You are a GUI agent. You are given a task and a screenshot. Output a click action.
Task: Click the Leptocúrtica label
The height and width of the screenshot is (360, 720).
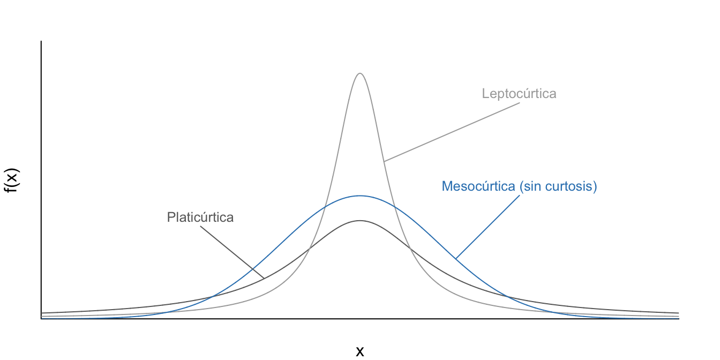tap(519, 94)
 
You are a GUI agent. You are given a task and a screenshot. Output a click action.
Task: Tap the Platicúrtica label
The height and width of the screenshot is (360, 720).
tap(200, 217)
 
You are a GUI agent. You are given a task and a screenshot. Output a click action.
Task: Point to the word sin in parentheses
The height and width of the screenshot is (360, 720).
tap(534, 187)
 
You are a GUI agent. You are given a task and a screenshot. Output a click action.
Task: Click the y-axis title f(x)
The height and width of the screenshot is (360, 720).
tap(13, 180)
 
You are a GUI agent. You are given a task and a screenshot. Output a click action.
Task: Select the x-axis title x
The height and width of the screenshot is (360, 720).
tap(360, 351)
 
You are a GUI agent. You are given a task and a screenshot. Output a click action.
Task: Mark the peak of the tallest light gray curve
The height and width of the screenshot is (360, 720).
tap(360, 73)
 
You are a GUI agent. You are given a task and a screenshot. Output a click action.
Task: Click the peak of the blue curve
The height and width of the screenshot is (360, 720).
tap(360, 196)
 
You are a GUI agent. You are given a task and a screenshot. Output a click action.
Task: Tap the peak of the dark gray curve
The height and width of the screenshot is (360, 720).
tap(360, 221)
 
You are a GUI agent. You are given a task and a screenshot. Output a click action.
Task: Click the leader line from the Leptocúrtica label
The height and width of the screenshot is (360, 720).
tap(452, 132)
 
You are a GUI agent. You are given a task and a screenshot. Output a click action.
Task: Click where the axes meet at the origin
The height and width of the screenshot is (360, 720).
tap(41, 319)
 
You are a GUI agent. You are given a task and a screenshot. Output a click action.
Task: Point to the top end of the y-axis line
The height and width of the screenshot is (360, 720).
tap(41, 41)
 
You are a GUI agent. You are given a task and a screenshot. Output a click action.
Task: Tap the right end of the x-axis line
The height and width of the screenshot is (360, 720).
tap(679, 319)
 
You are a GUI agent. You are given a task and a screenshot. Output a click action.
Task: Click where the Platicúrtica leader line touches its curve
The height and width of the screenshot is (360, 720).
tap(264, 278)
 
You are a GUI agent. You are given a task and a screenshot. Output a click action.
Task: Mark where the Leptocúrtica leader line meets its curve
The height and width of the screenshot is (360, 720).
tap(384, 161)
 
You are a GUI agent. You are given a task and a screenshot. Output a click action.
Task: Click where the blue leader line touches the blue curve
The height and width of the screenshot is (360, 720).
tap(456, 259)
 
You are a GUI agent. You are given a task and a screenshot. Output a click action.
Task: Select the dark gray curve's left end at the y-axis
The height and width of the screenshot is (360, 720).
tap(42, 313)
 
